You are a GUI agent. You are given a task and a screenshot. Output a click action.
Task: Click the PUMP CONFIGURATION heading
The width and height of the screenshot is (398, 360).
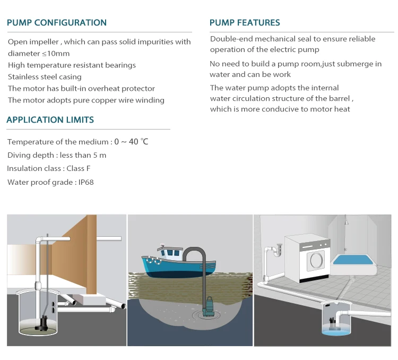pyautogui.click(x=57, y=23)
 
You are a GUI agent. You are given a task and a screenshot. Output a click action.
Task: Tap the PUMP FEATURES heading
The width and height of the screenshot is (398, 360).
pyautogui.click(x=245, y=23)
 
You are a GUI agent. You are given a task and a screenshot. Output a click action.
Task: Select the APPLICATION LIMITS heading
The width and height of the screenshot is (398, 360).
pyautogui.click(x=50, y=119)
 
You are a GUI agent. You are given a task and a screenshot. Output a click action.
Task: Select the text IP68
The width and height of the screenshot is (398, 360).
pyautogui.click(x=86, y=182)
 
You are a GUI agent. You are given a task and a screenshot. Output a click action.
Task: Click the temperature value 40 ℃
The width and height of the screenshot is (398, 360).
pyautogui.click(x=139, y=142)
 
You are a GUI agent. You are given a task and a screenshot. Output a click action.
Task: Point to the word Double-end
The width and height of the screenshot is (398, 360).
pyautogui.click(x=231, y=39)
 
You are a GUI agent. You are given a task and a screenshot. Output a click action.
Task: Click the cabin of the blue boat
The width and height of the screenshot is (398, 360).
pyautogui.click(x=170, y=252)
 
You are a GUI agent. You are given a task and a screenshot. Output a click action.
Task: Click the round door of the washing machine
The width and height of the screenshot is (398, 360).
pyautogui.click(x=316, y=260)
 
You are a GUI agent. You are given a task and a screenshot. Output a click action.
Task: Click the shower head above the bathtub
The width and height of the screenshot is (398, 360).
pyautogui.click(x=346, y=222)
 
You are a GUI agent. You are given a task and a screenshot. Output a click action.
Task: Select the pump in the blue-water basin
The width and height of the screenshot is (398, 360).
pyautogui.click(x=333, y=323)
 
